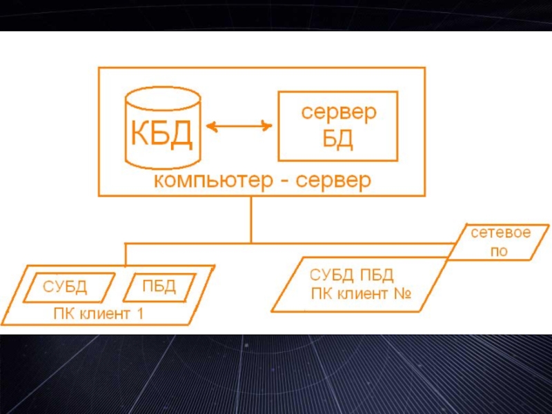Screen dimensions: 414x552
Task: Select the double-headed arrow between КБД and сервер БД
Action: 239,126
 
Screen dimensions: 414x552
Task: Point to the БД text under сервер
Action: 338,139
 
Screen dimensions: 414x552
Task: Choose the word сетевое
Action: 501,233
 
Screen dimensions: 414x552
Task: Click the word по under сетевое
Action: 498,252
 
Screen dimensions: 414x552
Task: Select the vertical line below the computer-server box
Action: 251,219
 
